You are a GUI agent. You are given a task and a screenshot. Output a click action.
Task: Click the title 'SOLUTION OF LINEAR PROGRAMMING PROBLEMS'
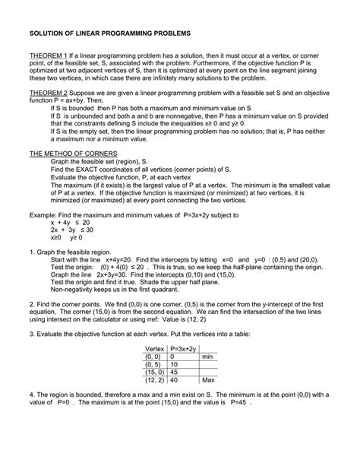110,35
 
